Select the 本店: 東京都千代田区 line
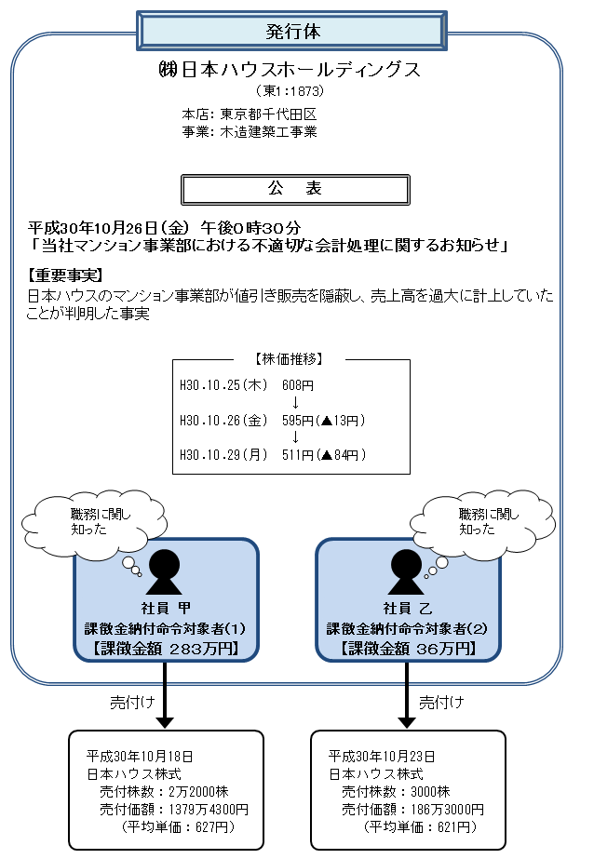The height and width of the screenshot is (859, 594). coord(250,114)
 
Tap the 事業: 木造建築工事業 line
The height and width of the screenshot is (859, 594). coord(250,131)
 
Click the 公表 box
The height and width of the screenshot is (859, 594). coord(294,189)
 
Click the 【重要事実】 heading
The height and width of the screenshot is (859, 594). coord(65,275)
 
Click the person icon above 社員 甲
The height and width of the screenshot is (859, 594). coord(165,571)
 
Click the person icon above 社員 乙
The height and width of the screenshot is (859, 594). coord(407,571)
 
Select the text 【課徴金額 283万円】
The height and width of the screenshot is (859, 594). coord(165,648)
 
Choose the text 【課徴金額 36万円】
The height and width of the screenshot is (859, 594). coord(407,648)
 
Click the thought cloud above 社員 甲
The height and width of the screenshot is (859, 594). coord(88,518)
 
